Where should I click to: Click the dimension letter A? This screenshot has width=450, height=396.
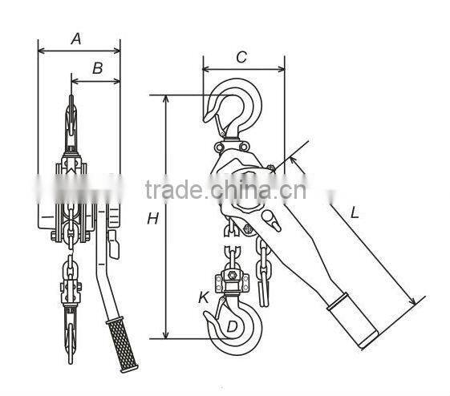click(77, 38)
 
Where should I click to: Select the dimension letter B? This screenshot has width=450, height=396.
click(98, 68)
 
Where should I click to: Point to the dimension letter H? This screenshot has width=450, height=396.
click(152, 219)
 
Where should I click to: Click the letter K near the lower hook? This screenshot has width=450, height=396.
click(204, 297)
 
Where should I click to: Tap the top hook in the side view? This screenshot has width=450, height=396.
click(237, 108)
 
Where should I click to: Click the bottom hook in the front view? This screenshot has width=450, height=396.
click(70, 341)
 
